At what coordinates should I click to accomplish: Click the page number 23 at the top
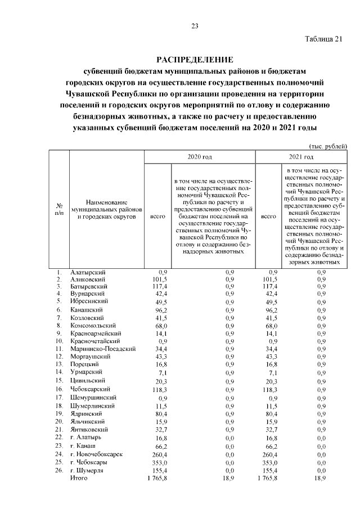tap(195, 26)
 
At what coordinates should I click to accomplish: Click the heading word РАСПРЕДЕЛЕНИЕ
tap(194, 60)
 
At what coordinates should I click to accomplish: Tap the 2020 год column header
tap(200, 156)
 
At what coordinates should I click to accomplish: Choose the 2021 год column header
tap(301, 156)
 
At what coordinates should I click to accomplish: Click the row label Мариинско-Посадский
tap(102, 349)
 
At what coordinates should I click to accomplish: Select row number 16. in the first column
tap(58, 389)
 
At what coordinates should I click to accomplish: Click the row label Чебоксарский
tap(90, 389)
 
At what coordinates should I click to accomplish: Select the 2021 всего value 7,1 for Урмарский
tap(273, 372)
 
